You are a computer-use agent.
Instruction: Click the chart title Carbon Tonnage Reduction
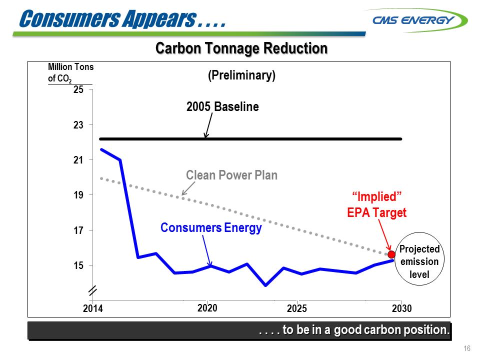click(241, 48)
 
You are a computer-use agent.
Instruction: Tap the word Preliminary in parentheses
click(241, 75)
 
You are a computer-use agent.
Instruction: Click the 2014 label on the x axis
click(92, 308)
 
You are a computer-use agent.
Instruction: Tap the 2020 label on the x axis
click(207, 308)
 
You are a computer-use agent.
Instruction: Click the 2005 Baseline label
click(222, 106)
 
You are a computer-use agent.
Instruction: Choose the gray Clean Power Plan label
click(231, 175)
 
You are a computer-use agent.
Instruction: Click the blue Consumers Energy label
click(211, 228)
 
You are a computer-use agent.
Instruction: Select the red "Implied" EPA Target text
click(377, 203)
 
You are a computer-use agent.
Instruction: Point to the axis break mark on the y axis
click(92, 290)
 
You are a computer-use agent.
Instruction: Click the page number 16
click(467, 348)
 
